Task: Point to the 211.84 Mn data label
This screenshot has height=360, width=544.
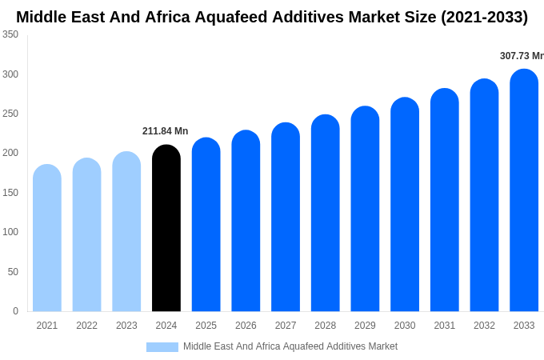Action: click(x=165, y=131)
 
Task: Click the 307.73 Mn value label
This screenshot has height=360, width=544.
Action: click(x=521, y=56)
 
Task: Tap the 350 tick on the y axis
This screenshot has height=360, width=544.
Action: click(x=10, y=34)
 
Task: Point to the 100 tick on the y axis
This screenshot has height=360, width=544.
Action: click(x=10, y=232)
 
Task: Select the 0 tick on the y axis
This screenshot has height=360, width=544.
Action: click(x=15, y=311)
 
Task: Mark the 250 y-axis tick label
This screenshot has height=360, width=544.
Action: click(x=10, y=114)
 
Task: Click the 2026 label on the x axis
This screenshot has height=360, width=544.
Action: click(x=246, y=326)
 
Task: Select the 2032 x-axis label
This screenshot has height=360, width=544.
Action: click(x=484, y=326)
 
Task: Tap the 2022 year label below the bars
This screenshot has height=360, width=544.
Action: click(x=86, y=326)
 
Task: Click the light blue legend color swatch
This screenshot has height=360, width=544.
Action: click(x=162, y=347)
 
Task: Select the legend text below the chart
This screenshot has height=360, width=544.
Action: click(x=290, y=346)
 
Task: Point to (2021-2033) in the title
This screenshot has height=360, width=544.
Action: click(x=484, y=17)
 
